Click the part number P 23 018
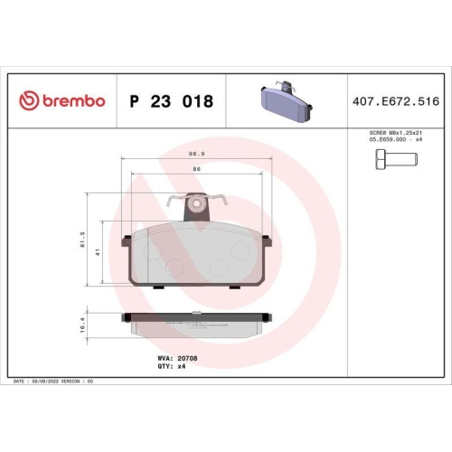172,101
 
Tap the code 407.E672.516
397,101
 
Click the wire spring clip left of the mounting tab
178,202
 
